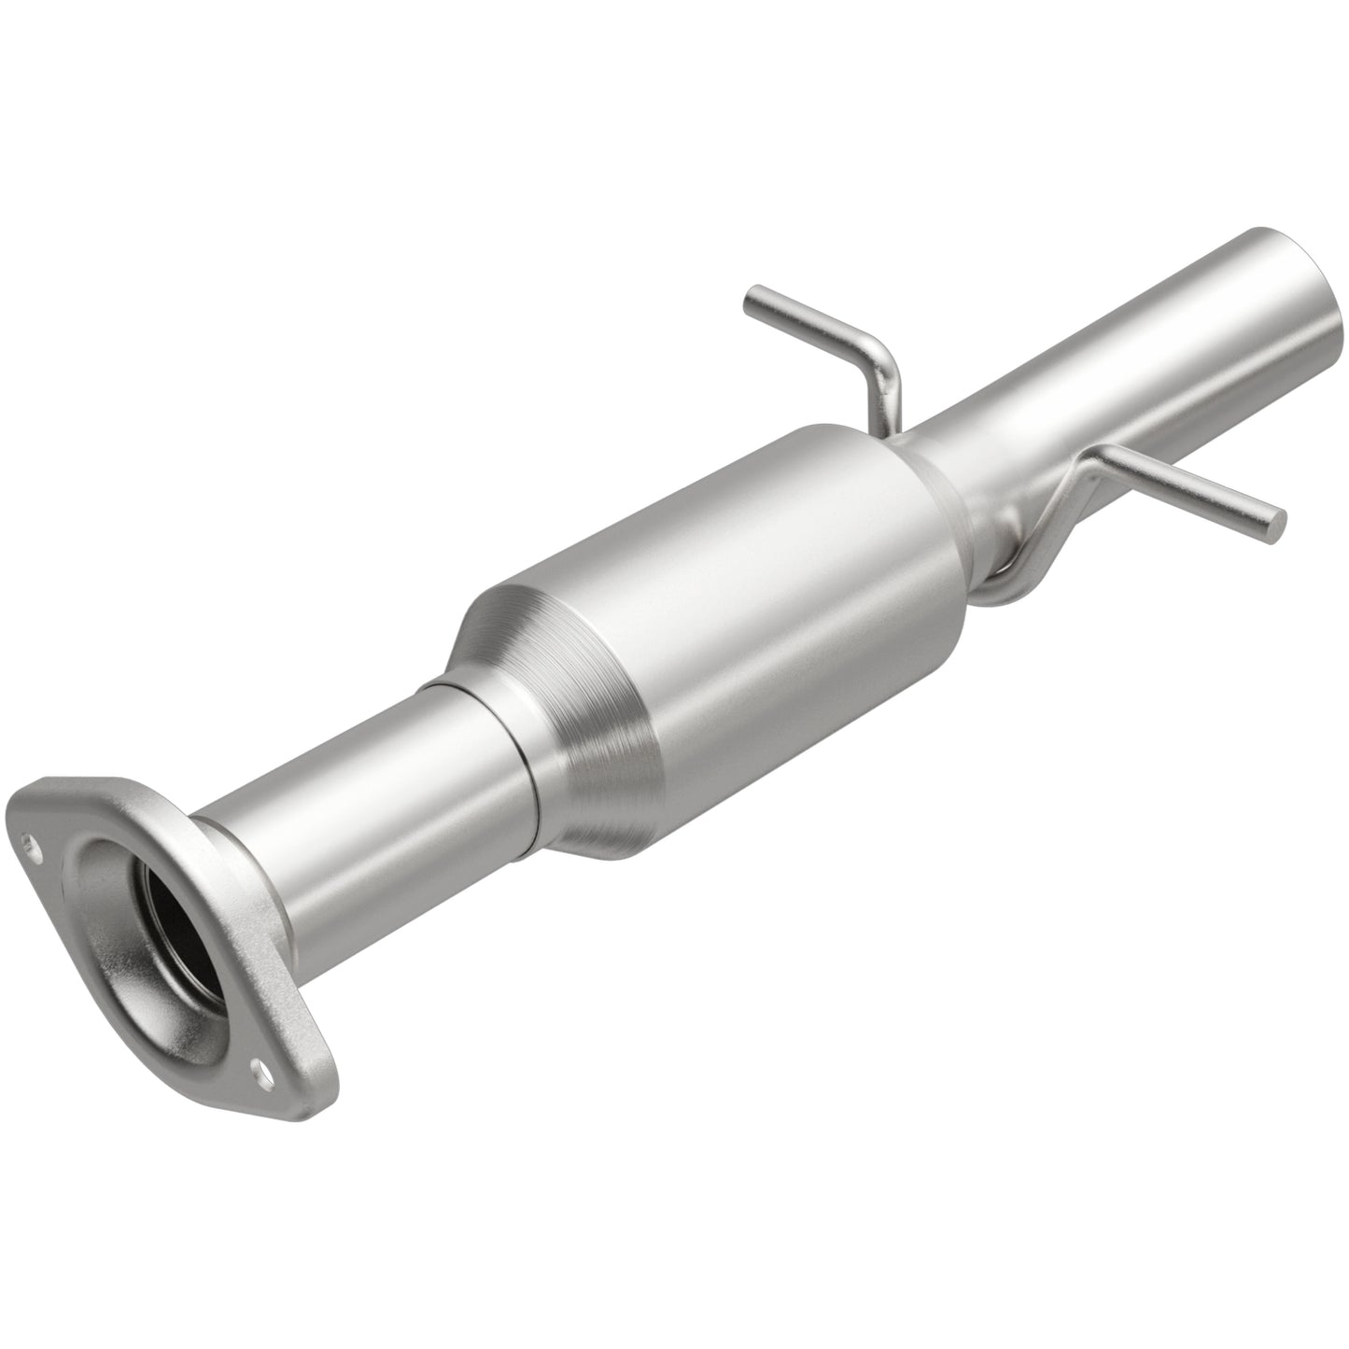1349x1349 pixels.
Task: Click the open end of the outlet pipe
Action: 1321,286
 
